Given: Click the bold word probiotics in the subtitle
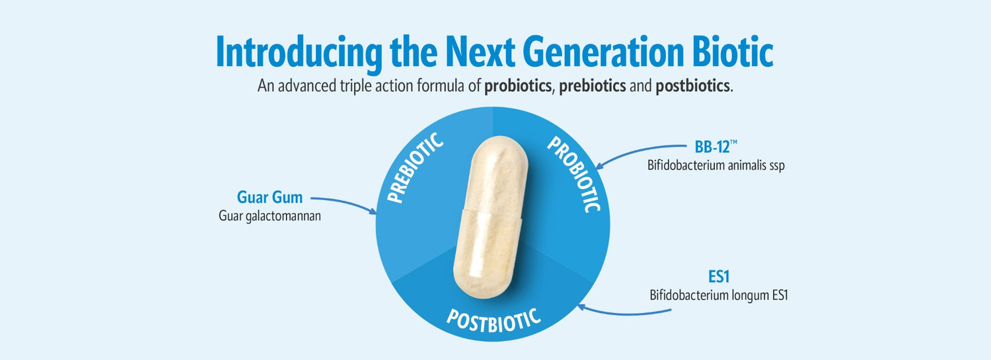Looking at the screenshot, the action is click(x=517, y=86).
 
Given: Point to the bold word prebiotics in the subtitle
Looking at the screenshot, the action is click(x=593, y=86).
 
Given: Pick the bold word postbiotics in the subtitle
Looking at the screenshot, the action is click(x=692, y=86).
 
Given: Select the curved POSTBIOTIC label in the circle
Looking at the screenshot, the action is click(x=494, y=320).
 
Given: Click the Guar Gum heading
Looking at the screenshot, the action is click(x=270, y=198).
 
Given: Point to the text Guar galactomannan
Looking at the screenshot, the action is click(x=270, y=216).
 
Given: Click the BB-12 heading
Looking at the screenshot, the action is click(x=712, y=147).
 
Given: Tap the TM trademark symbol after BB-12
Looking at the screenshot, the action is click(x=733, y=142).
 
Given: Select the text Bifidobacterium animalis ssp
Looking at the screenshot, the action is click(x=716, y=165).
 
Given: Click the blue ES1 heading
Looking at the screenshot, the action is click(x=719, y=277).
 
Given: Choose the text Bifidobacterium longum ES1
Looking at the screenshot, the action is click(x=719, y=295).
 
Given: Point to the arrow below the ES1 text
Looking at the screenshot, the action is click(x=624, y=312).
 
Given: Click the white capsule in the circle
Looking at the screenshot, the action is click(x=491, y=217).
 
